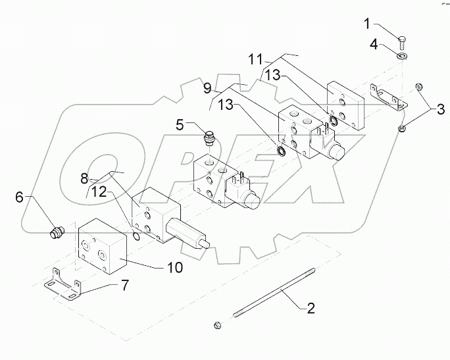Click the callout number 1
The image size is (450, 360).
(366, 24)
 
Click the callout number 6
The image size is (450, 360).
(19, 196)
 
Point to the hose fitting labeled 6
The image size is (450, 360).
(57, 231)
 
